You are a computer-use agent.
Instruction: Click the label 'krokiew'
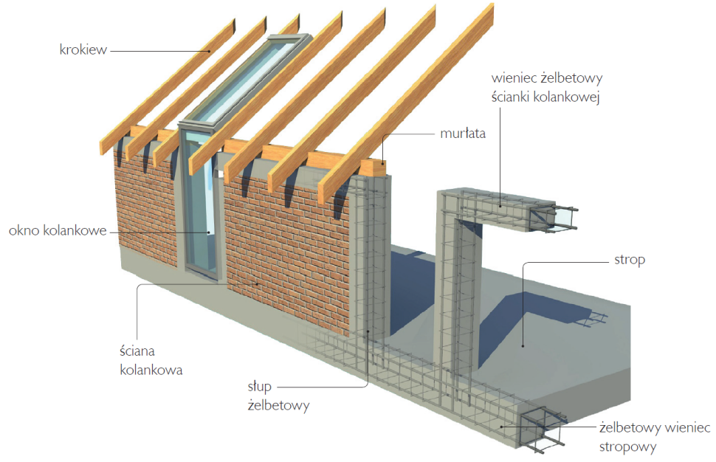pos(83,50)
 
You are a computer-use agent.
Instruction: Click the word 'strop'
pos(629,261)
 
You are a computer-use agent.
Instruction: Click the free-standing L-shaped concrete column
pos(461,280)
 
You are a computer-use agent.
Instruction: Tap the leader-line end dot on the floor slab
pos(523,344)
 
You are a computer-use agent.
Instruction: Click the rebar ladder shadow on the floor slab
pos(591,320)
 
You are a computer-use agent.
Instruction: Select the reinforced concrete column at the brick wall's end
pos(369,258)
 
